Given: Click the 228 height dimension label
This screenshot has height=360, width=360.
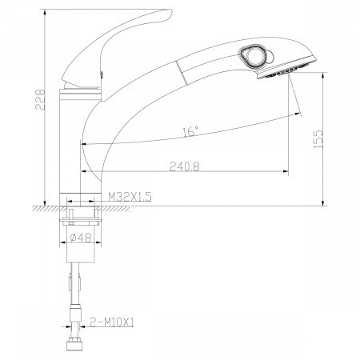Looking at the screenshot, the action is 41,100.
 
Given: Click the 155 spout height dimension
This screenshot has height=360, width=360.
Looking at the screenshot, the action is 318,139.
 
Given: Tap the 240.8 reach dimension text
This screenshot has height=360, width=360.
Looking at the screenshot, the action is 185,166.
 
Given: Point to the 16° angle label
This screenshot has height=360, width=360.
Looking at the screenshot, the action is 190,131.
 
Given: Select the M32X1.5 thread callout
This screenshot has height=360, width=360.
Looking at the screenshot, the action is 130,197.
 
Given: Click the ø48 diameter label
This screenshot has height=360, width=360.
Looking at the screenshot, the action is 81,237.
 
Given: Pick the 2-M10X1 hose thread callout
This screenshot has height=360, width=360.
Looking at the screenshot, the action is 111,322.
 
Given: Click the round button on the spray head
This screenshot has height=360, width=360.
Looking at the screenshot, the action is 254,56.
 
